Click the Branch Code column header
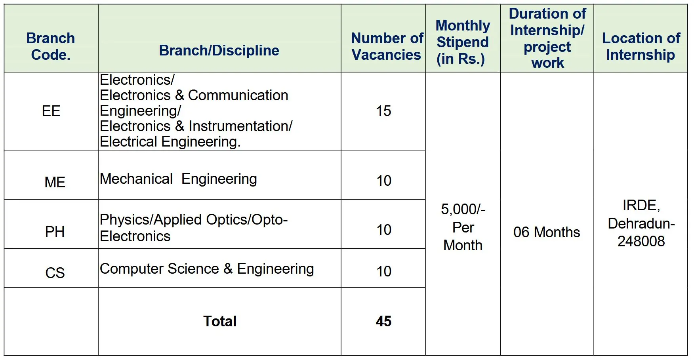click(51, 46)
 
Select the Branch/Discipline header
click(219, 50)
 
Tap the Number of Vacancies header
click(387, 46)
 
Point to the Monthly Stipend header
click(462, 42)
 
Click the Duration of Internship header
click(547, 38)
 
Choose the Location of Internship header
click(641, 46)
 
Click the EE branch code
click(51, 111)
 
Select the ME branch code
click(55, 182)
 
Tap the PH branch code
click(55, 232)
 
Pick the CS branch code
click(55, 273)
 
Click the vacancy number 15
click(383, 111)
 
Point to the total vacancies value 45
click(383, 321)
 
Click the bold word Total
click(220, 321)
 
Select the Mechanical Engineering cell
click(178, 179)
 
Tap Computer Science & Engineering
click(207, 269)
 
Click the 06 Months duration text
click(547, 232)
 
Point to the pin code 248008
click(641, 241)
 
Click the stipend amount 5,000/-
click(463, 209)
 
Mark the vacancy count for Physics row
click(383, 230)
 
